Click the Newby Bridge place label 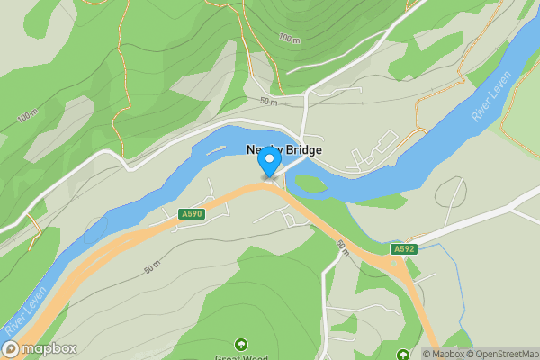click(x=284, y=150)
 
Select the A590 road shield click(x=191, y=214)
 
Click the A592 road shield click(x=404, y=248)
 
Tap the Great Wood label click(x=240, y=357)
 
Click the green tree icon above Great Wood click(x=240, y=344)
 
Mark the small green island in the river click(x=310, y=184)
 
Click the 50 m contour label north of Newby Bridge click(x=268, y=102)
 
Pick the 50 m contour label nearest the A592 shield click(x=342, y=244)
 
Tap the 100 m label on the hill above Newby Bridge click(x=289, y=39)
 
